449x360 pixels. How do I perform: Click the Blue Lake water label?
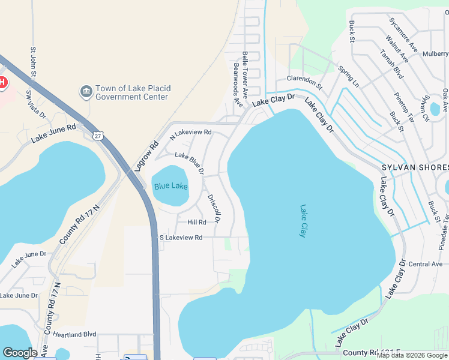170,187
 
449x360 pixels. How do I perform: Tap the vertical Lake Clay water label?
303,221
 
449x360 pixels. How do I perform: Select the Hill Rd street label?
196,222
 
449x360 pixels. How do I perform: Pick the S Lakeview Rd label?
181,238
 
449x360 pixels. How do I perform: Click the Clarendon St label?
304,82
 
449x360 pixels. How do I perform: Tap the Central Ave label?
424,264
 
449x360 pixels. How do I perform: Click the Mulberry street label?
435,53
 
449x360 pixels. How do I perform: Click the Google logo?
19,353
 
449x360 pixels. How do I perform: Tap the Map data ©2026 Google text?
412,356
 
